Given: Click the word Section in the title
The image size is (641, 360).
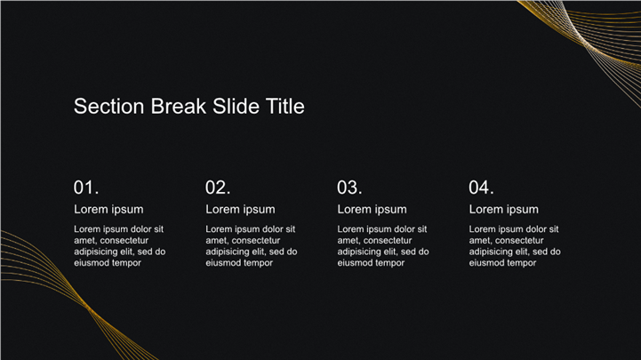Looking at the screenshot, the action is point(108,107).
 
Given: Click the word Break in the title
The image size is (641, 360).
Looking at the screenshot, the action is point(178,107).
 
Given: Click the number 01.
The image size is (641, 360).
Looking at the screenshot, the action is point(86,188).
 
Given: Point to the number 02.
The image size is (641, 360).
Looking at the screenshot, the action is point(218,188).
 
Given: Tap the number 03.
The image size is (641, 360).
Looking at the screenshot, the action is point(349,188).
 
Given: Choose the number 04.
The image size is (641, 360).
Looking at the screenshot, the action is point(481,188).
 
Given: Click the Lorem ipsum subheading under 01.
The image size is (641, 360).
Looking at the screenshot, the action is point(108,210).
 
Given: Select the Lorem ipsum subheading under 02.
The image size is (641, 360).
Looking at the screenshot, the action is point(240,210).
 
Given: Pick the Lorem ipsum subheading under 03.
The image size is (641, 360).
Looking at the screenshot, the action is point(372,210).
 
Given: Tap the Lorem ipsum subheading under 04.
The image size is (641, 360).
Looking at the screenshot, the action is point(503,210).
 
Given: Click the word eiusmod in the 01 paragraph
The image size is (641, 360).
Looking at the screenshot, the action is point(91,263).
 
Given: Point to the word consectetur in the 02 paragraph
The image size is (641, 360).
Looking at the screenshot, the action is point(256,241).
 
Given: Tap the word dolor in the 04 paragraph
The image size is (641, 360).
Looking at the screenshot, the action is point(536,229).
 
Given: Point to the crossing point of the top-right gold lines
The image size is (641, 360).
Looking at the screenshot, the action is point(583,41).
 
